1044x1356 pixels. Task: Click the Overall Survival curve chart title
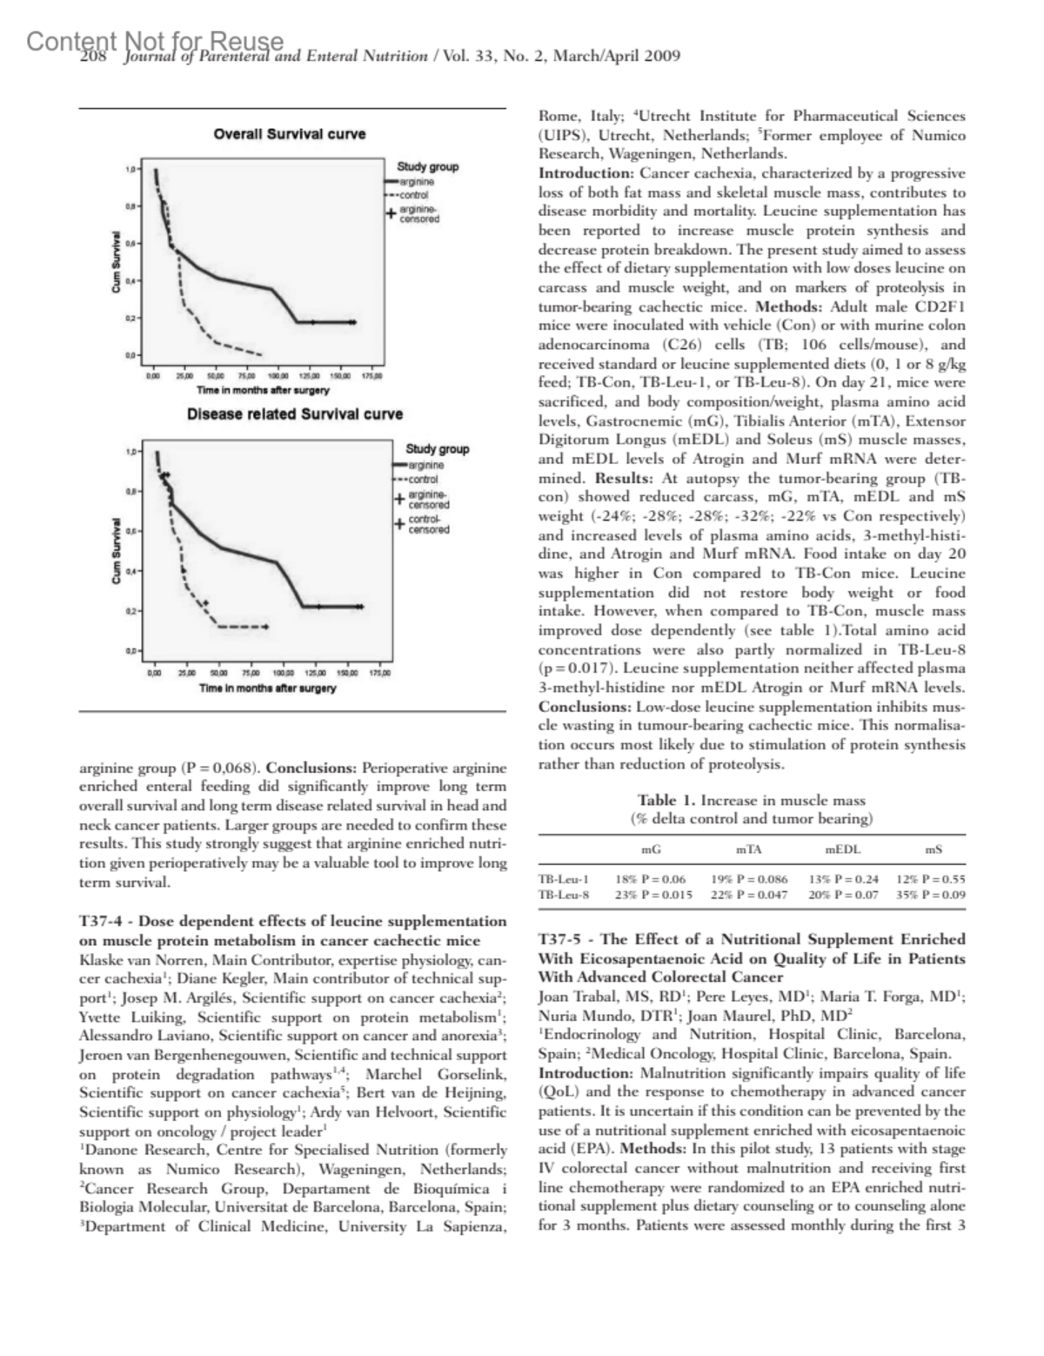click(x=290, y=134)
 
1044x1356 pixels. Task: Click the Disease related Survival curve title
click(x=295, y=413)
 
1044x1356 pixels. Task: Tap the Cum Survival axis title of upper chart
click(x=116, y=261)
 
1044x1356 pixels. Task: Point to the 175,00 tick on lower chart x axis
click(x=380, y=673)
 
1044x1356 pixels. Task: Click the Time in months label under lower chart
click(x=267, y=688)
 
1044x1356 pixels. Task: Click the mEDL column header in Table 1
click(x=841, y=849)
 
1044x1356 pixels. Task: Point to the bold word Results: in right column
click(x=623, y=478)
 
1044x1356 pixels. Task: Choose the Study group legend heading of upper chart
click(x=427, y=166)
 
